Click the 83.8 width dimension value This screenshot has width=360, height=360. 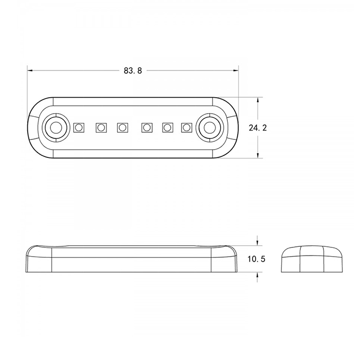pyautogui.click(x=133, y=70)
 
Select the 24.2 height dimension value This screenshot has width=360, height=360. pyautogui.click(x=258, y=128)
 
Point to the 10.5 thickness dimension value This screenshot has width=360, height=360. pyautogui.click(x=256, y=259)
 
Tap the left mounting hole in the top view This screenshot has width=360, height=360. pyautogui.click(x=56, y=128)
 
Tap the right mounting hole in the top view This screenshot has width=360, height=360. pyautogui.click(x=209, y=128)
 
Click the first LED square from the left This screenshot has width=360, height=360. pyautogui.click(x=79, y=128)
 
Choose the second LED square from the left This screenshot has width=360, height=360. pyautogui.click(x=101, y=128)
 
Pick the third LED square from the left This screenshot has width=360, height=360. pyautogui.click(x=122, y=128)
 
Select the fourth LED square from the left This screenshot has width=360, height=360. pyautogui.click(x=147, y=128)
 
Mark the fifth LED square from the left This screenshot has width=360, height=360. pyautogui.click(x=168, y=128)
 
